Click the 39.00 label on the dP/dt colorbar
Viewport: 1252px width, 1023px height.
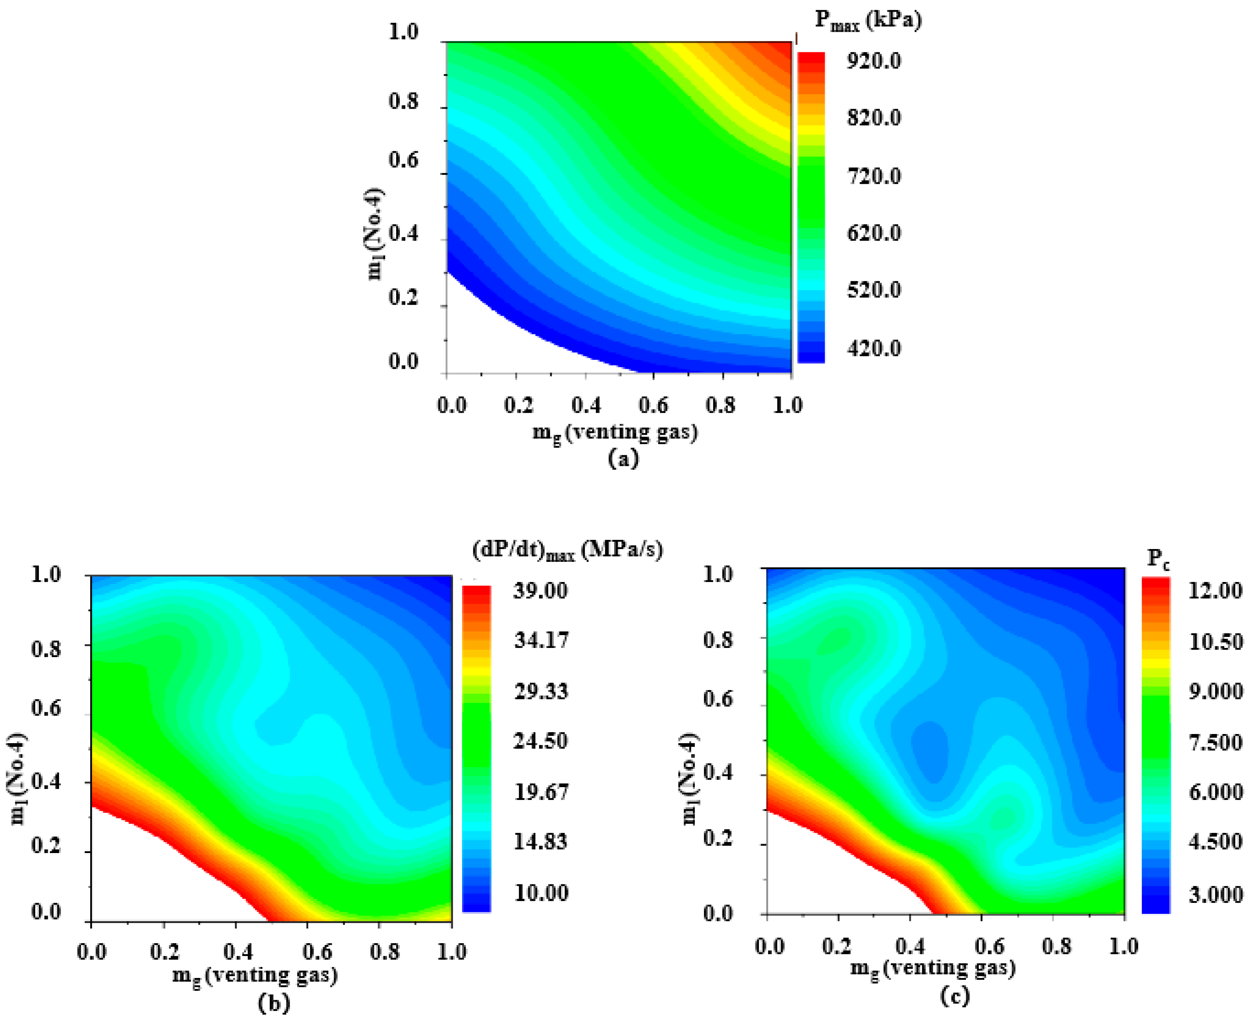(x=540, y=590)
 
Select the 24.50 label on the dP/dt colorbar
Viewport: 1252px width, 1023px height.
(x=540, y=741)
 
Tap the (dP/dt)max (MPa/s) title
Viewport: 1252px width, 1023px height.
(x=568, y=550)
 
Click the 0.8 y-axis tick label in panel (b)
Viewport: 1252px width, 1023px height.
(x=46, y=649)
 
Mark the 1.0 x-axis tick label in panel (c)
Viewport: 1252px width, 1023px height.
(x=1123, y=946)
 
